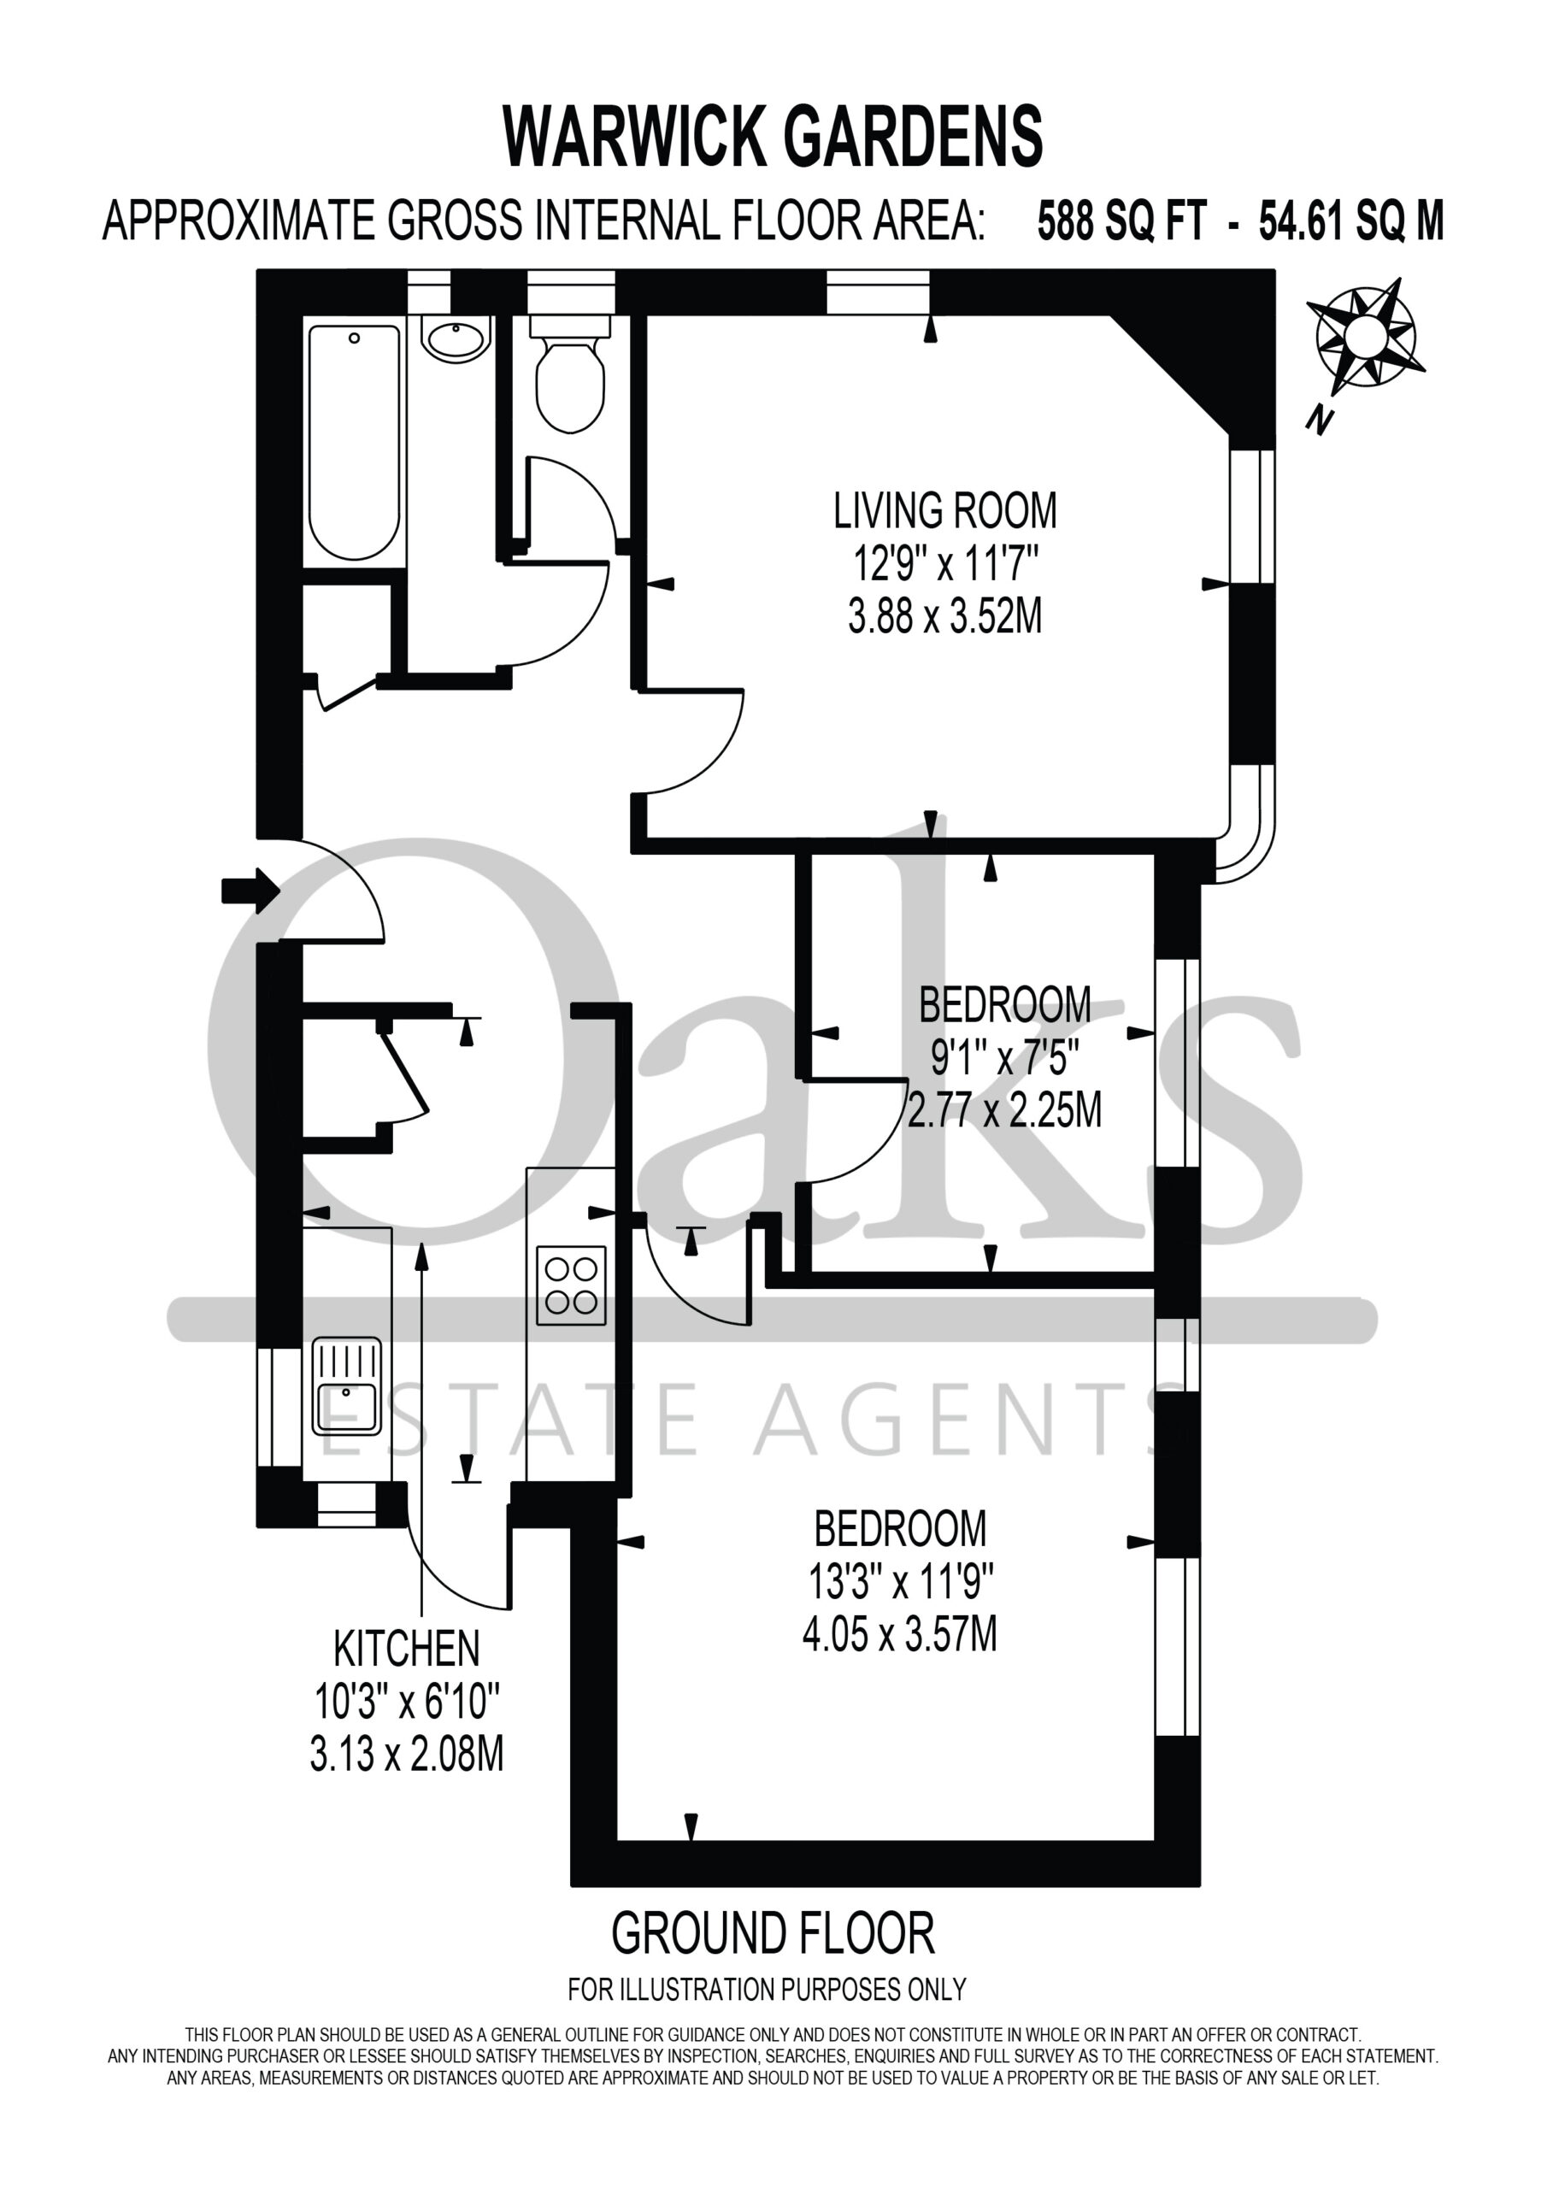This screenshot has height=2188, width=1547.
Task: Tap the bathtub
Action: coord(354,442)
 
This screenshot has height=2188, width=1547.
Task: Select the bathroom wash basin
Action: coord(456,338)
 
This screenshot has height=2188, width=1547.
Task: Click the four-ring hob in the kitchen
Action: coord(571,1285)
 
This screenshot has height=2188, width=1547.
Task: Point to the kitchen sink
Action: coord(346,1386)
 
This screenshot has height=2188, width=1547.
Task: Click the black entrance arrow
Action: coord(250,891)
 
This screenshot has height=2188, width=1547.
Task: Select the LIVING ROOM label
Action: coord(944,511)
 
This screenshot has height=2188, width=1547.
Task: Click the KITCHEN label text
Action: coord(406,1649)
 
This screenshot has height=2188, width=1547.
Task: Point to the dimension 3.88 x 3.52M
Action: coord(944,615)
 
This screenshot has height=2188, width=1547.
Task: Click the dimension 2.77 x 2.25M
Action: coord(1003,1111)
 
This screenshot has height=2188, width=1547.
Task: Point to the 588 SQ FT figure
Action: coord(1122,221)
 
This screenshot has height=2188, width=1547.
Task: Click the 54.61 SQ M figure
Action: coord(1351,221)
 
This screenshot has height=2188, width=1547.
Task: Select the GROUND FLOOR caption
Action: coord(773,1933)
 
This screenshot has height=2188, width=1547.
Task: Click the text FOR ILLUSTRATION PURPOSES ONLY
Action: coord(768,1990)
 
